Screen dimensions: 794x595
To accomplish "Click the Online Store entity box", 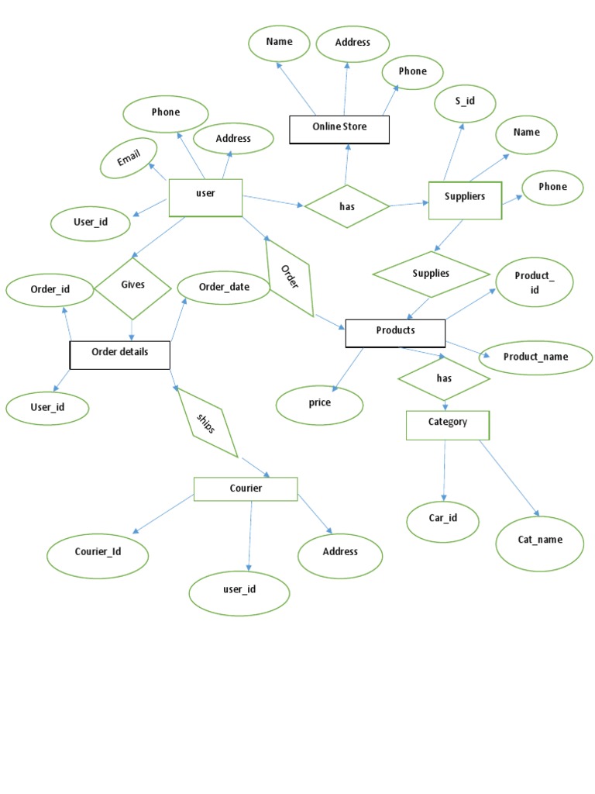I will pos(339,129).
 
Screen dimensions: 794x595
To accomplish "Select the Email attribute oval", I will pos(129,158).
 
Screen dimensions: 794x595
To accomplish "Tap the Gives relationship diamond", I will pos(132,287).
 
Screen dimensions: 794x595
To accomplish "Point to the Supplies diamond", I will pos(431,274).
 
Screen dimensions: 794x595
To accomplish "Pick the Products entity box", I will pos(395,332).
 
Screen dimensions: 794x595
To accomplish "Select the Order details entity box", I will pos(119,354).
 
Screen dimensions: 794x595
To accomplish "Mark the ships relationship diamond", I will pos(206,423).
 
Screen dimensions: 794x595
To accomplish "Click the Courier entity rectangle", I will pos(246,489).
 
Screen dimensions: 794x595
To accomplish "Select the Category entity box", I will pos(448,424).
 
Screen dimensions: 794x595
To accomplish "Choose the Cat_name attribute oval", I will pos(540,542).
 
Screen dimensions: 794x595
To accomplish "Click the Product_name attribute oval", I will pos(535,357).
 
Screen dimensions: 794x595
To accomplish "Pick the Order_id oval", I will pos(50,291).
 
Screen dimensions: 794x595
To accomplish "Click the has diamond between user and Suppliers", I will pos(346,206).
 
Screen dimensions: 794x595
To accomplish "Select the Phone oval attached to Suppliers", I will pos(552,188).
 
